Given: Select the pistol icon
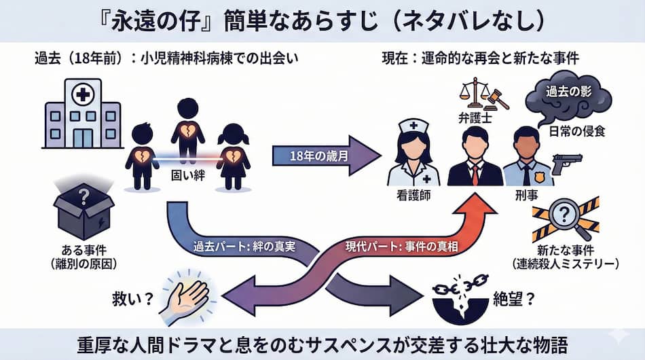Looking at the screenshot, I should (567, 164).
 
